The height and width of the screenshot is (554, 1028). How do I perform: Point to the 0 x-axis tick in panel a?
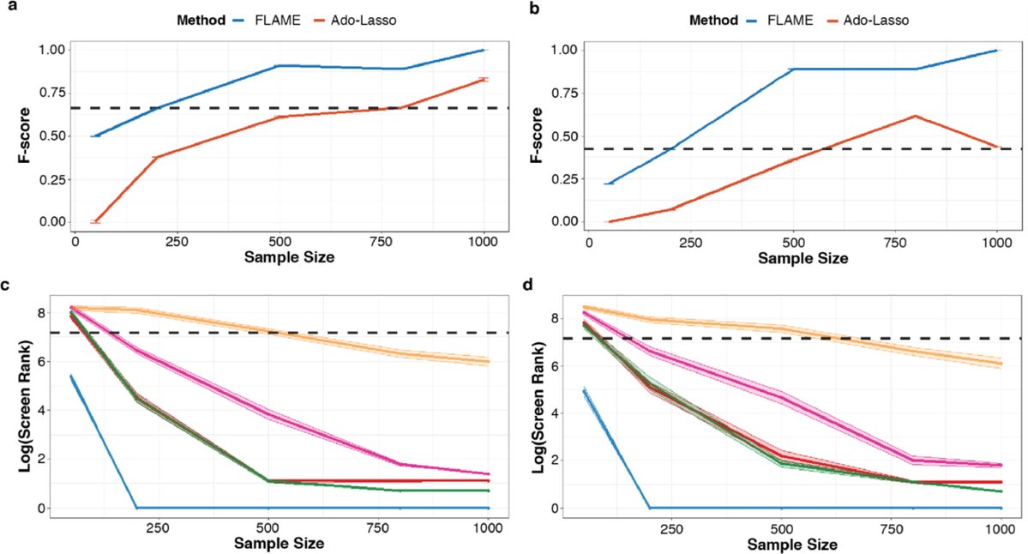pyautogui.click(x=75, y=242)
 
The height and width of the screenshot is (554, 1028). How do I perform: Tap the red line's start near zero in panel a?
pyautogui.click(x=95, y=221)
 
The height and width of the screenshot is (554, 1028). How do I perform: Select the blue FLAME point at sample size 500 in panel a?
pyautogui.click(x=280, y=66)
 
